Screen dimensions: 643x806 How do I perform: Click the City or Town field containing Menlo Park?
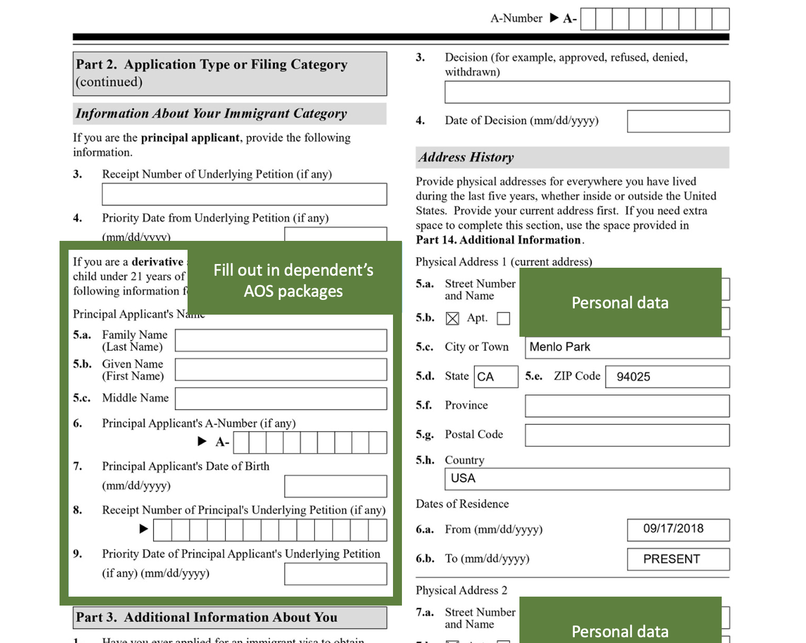pos(627,347)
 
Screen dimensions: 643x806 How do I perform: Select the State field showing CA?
pos(495,377)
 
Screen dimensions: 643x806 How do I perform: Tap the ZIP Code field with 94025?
pos(667,377)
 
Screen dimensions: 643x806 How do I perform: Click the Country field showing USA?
pos(587,479)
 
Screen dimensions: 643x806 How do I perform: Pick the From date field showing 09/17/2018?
pos(678,530)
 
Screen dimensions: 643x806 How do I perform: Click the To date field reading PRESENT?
pos(678,559)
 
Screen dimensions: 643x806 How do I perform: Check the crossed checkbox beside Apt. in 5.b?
pos(452,318)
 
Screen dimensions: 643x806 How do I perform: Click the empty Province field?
pos(627,406)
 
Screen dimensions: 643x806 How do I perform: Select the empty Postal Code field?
pos(627,435)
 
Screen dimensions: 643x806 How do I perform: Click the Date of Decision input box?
pos(678,121)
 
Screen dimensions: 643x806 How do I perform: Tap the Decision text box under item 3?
pos(587,92)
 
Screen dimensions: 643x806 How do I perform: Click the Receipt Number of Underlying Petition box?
pos(244,194)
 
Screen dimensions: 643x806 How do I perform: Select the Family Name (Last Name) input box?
pos(281,340)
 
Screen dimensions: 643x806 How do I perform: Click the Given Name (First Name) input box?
pos(281,369)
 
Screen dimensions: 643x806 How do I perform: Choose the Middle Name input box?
pos(281,399)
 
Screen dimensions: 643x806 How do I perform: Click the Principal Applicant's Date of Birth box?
pos(336,486)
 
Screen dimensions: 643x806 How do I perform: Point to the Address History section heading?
pos(466,157)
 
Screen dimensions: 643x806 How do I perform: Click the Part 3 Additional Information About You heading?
pos(207,617)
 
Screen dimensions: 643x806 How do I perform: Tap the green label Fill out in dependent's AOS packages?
pos(293,280)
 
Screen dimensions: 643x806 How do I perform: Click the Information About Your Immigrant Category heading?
pos(211,113)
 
